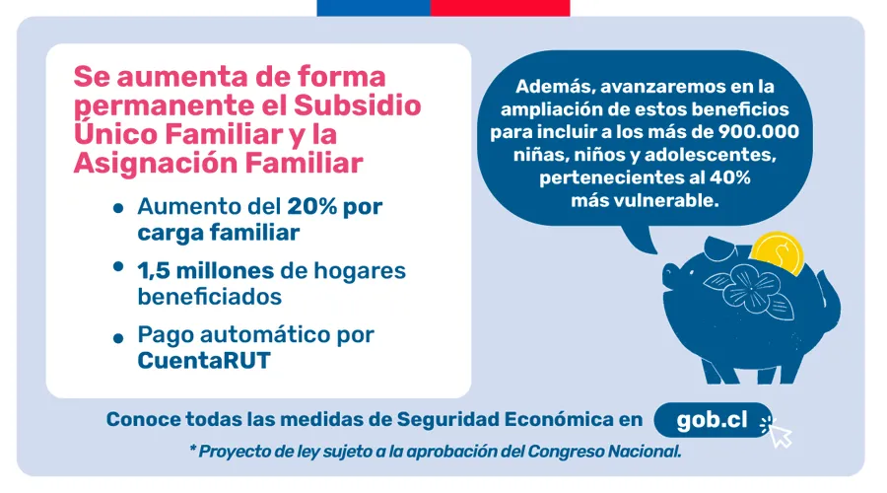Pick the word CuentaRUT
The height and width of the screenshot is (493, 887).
point(204,360)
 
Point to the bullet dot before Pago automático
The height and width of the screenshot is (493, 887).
point(119,337)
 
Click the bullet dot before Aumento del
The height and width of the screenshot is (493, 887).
point(119,210)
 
